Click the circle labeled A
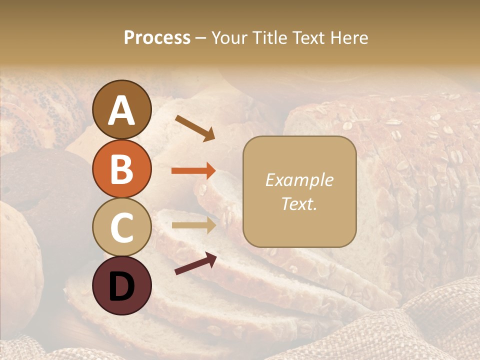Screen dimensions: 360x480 121,109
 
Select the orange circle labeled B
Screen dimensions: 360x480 121,168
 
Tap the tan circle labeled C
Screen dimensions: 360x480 121,227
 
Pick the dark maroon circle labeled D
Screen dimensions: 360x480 121,285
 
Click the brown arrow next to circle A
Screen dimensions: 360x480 195,127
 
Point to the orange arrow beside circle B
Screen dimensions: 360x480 193,171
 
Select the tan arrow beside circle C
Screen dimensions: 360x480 193,225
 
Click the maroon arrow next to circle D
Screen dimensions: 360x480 195,264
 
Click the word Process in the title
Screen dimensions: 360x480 157,38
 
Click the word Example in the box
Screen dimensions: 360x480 299,180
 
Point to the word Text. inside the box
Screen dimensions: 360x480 299,203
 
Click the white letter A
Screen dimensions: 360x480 121,110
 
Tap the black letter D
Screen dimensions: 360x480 121,286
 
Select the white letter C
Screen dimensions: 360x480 121,227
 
